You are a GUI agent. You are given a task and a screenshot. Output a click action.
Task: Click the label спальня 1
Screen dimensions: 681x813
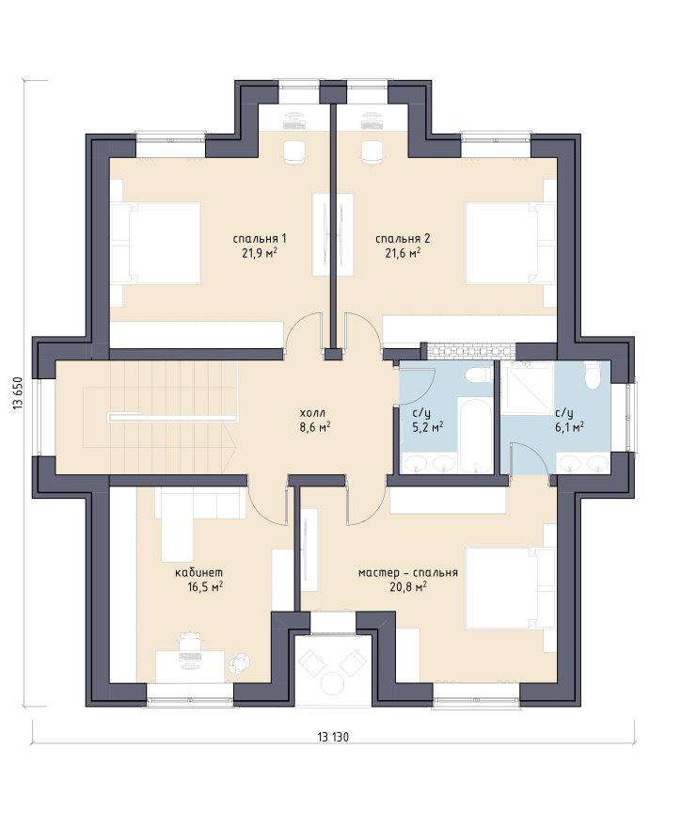260,238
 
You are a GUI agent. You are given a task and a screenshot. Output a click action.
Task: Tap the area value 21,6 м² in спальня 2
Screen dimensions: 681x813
403,252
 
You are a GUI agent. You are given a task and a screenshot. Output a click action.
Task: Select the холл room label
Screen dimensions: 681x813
312,413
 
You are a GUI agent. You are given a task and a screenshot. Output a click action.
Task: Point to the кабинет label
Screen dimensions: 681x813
199,573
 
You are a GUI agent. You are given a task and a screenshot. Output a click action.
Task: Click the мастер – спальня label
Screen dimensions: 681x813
408,573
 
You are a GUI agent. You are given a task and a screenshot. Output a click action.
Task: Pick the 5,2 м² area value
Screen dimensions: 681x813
427,427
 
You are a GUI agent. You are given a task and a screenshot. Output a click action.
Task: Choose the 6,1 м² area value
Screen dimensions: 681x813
570,426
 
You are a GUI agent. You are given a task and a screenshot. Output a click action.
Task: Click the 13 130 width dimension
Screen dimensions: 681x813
333,737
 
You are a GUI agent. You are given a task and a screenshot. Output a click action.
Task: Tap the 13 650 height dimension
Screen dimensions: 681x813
19,392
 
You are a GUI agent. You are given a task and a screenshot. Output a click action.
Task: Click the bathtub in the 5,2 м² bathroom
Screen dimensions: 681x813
475,435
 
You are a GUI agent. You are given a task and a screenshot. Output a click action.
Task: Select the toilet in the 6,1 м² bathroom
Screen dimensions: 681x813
592,375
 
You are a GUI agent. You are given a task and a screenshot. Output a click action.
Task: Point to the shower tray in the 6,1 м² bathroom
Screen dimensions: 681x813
527,388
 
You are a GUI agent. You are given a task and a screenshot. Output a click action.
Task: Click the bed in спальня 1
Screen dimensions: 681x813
156,243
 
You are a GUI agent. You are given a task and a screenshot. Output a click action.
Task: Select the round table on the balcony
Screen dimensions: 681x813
333,682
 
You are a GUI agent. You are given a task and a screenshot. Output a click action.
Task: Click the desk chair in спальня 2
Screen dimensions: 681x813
372,151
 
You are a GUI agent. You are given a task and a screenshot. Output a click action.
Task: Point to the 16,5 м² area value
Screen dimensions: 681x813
205,587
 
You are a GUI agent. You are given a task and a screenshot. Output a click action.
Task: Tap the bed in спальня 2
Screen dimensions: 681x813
511,243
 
